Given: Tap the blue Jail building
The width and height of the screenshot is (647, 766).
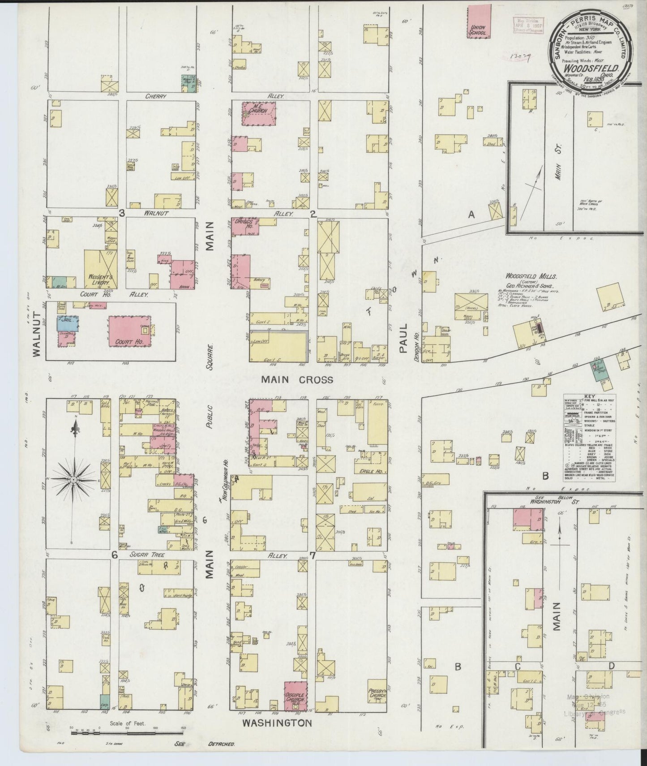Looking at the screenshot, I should coord(65,324).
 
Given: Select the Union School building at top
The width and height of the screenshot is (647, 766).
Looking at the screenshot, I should coord(479,21).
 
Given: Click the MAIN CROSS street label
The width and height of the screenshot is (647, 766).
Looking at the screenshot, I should coord(297,379).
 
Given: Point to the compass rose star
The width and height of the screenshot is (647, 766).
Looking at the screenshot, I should coord(73,479).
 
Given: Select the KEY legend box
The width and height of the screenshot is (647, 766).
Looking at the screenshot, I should coord(589,438).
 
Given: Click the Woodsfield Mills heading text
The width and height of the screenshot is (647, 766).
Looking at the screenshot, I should coord(529,276).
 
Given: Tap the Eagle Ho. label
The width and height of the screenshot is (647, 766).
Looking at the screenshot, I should coord(370,471).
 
